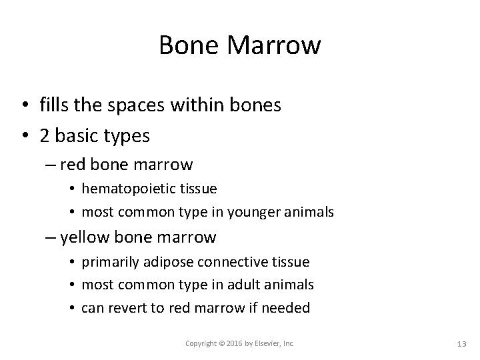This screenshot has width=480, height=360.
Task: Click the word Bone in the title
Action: pyautogui.click(x=185, y=45)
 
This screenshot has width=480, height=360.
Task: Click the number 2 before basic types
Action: pyautogui.click(x=44, y=135)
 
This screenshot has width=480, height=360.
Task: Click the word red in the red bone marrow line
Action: pyautogui.click(x=81, y=164)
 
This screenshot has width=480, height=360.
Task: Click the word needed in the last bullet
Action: pyautogui.click(x=287, y=308)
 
